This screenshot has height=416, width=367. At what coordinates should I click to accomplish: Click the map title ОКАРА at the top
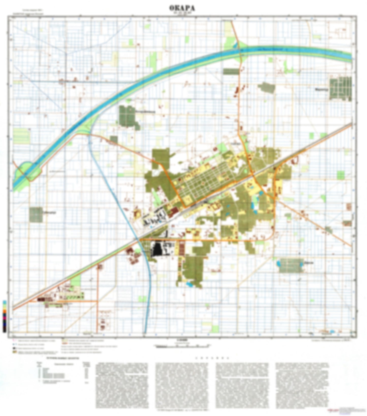(182, 8)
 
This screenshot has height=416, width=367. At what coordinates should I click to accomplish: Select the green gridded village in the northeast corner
(341, 89)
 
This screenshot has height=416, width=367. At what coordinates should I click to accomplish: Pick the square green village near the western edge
(36, 215)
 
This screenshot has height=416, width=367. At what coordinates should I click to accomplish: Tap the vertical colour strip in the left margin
(5, 316)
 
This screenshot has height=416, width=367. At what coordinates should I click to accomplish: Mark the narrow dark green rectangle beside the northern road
(231, 71)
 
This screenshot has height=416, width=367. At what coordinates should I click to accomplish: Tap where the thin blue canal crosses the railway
(138, 239)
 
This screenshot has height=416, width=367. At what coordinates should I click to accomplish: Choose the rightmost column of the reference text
(301, 385)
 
